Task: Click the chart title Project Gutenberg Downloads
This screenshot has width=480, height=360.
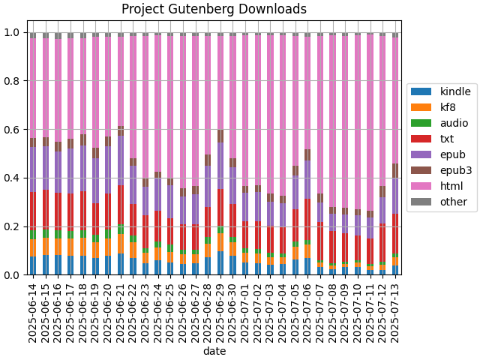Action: coord(214,10)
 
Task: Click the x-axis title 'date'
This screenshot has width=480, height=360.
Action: coord(214,351)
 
